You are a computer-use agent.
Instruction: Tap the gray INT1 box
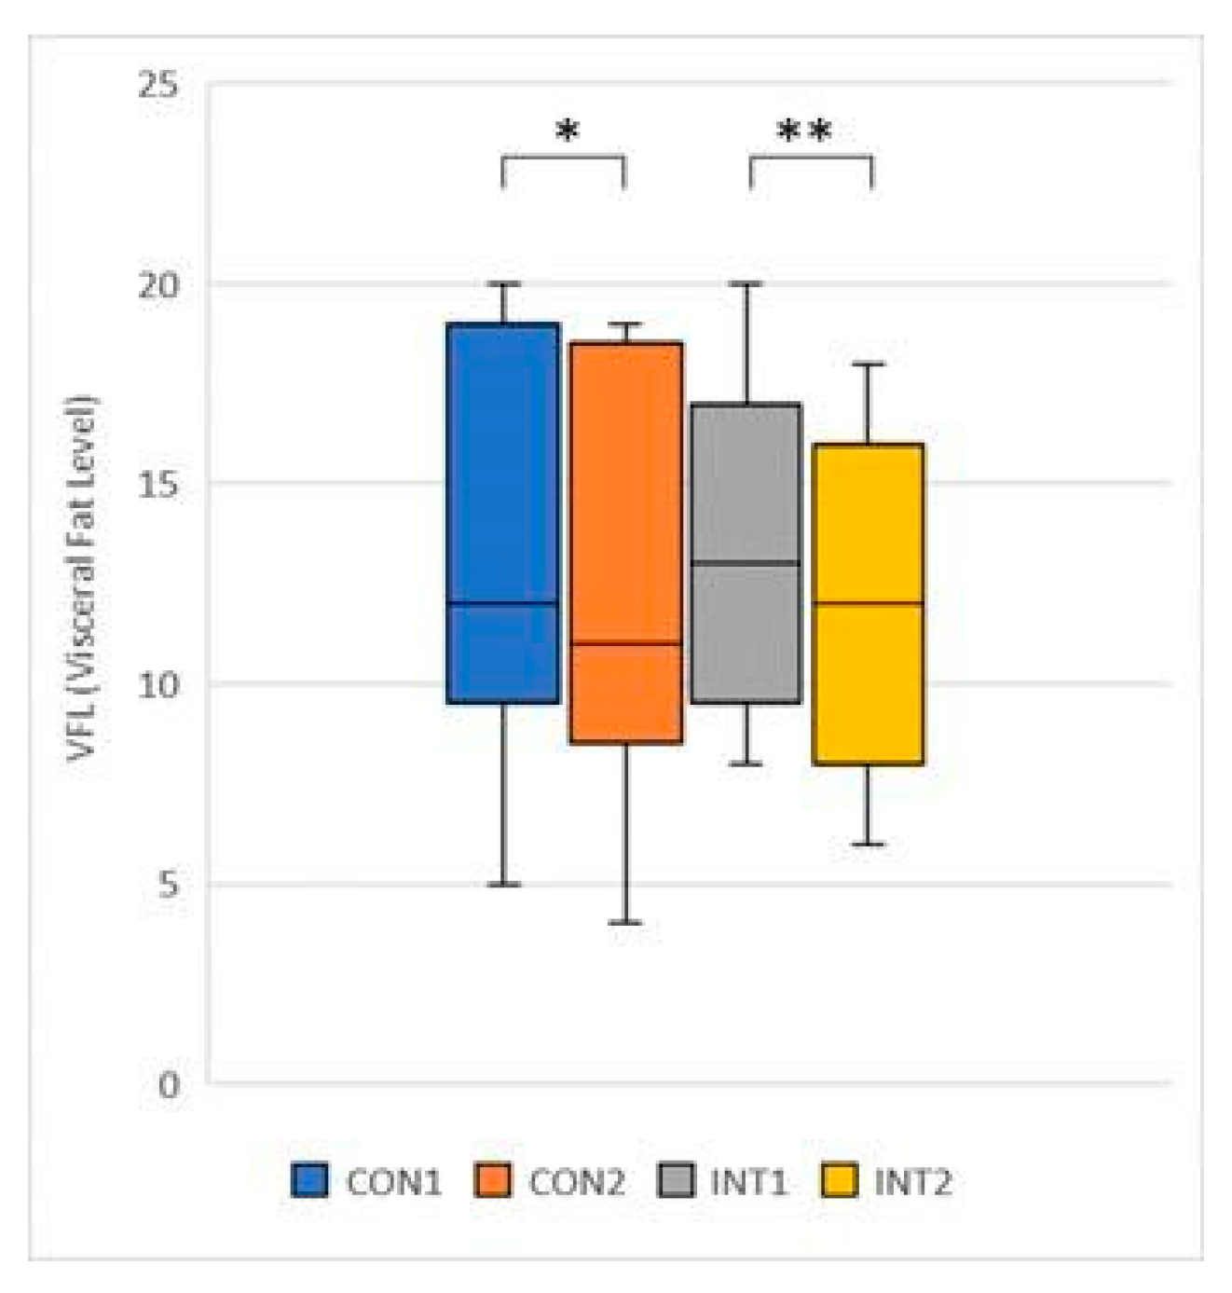746,485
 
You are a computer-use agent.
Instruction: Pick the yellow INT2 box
868,522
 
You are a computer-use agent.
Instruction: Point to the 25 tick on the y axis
157,85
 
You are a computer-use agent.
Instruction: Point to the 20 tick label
157,284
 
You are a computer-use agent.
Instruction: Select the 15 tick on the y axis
157,484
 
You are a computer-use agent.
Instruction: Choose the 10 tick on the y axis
157,684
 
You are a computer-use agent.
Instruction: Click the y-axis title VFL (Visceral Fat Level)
82,578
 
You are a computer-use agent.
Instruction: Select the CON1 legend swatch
309,1180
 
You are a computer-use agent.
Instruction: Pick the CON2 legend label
577,1182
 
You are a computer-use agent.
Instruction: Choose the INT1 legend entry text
748,1182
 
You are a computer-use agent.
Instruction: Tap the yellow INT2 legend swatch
839,1180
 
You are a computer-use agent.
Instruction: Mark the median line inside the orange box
625,643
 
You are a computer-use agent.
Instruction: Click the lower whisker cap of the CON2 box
625,923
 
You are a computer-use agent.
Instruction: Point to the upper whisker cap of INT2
868,365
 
